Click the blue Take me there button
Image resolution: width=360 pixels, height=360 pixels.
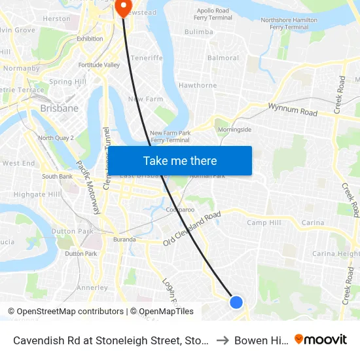pyautogui.click(x=179, y=160)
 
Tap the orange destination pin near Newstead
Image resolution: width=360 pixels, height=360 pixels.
pyautogui.click(x=122, y=7)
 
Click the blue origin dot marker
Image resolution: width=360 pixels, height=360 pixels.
pyautogui.click(x=236, y=302)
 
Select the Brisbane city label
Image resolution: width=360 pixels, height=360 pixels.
pyautogui.click(x=59, y=109)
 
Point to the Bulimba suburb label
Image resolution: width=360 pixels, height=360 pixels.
pyautogui.click(x=199, y=31)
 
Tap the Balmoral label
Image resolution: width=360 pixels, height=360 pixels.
pyautogui.click(x=223, y=58)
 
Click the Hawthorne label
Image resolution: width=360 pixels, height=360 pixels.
pyautogui.click(x=198, y=85)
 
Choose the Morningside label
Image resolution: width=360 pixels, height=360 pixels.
pyautogui.click(x=234, y=130)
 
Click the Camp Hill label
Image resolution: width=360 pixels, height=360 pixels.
pyautogui.click(x=264, y=223)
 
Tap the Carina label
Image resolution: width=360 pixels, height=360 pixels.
pyautogui.click(x=313, y=223)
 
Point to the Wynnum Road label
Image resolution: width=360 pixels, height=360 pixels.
pyautogui.click(x=293, y=109)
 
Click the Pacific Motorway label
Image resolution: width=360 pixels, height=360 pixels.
pyautogui.click(x=87, y=187)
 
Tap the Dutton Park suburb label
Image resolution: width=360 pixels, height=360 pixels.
pyautogui.click(x=73, y=231)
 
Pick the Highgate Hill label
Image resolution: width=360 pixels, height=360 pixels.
pyautogui.click(x=37, y=194)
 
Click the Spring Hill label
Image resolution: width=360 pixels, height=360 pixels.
pyautogui.click(x=67, y=82)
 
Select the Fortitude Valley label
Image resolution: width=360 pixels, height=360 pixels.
pyautogui.click(x=99, y=65)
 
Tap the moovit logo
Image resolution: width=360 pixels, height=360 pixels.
pyautogui.click(x=321, y=339)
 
